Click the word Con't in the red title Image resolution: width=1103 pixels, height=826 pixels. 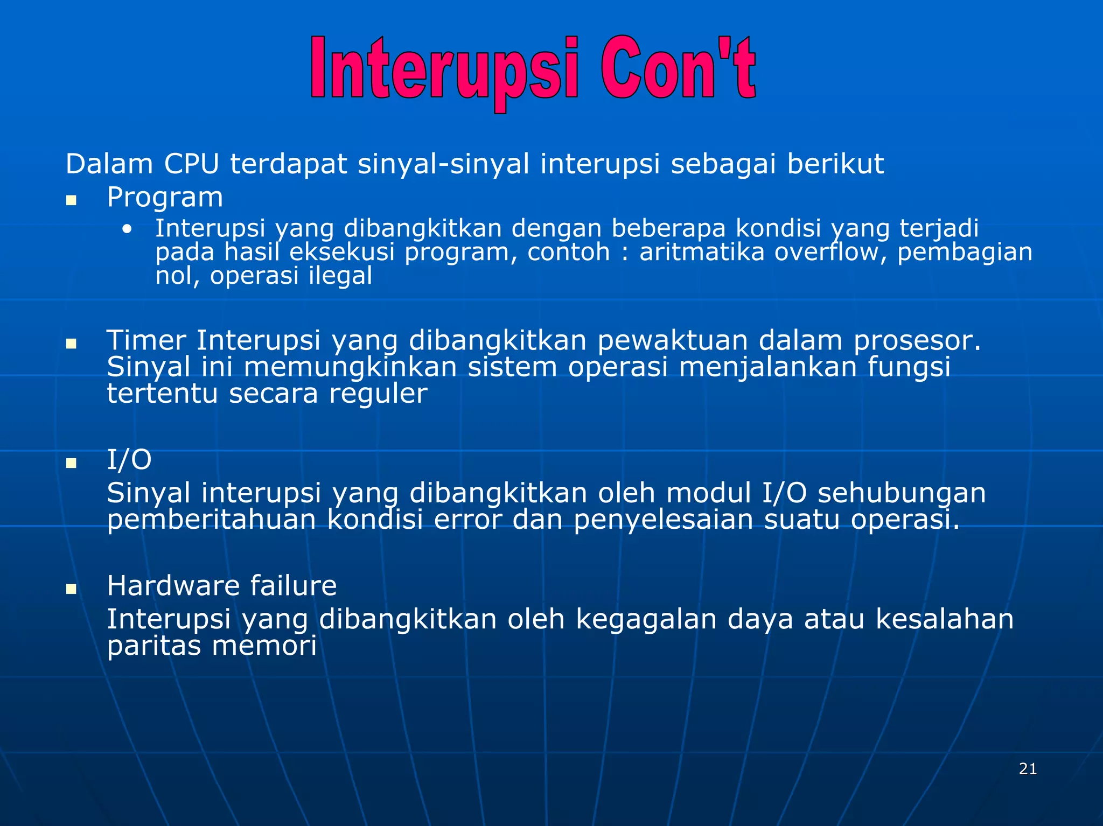[678, 69]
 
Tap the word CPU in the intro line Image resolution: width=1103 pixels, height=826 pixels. [191, 164]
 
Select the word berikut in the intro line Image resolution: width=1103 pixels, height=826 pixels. [835, 164]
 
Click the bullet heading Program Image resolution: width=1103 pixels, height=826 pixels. [165, 198]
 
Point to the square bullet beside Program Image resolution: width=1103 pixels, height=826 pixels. [71, 201]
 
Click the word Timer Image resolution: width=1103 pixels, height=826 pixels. [146, 340]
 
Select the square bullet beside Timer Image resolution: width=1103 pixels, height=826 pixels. [71, 344]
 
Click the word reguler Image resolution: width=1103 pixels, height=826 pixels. [378, 394]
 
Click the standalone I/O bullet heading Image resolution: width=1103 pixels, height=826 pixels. [129, 460]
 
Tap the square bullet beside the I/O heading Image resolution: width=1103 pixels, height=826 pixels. [71, 463]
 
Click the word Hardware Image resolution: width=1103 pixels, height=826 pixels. [173, 585]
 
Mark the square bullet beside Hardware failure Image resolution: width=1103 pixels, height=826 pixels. [71, 589]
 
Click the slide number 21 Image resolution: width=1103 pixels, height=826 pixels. [1028, 769]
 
